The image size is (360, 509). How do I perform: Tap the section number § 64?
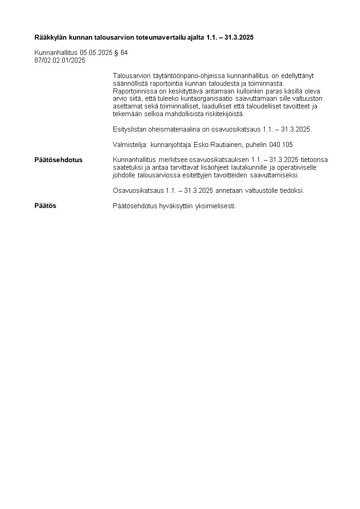point(121,53)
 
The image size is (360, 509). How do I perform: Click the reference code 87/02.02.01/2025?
point(60,60)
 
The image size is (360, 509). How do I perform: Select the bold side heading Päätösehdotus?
point(58,160)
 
